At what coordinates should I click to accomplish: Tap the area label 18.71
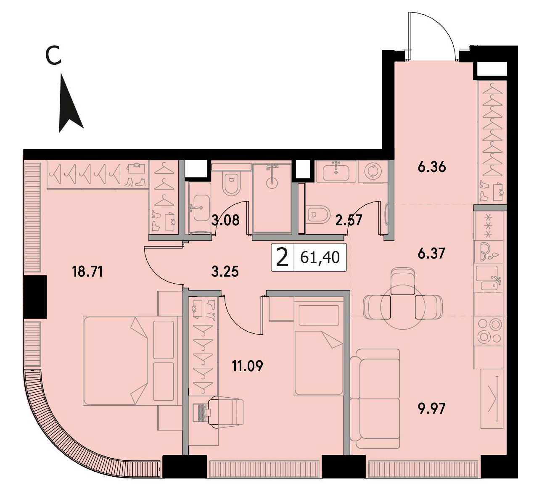tap(87, 272)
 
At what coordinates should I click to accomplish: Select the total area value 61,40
tap(320, 257)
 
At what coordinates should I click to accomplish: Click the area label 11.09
tap(247, 366)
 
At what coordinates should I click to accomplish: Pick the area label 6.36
tap(432, 167)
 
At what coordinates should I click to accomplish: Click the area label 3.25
tap(225, 272)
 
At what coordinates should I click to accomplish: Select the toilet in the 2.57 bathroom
tap(318, 214)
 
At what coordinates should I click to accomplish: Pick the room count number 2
tap(283, 257)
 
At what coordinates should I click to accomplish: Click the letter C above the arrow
tap(53, 55)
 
